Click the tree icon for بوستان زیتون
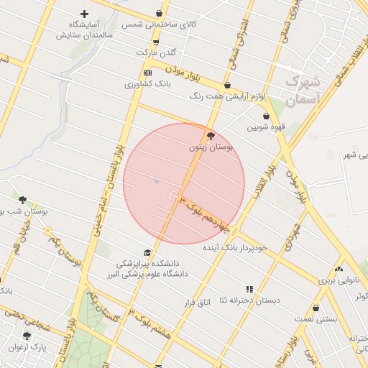pyautogui.click(x=210, y=135)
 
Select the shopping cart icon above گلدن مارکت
pyautogui.click(x=155, y=42)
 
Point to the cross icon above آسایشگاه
pyautogui.click(x=85, y=14)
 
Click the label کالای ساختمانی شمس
pyautogui.click(x=159, y=24)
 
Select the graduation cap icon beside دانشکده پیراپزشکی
pyautogui.click(x=147, y=253)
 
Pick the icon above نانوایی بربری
pyautogui.click(x=338, y=270)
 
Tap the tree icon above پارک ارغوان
pyautogui.click(x=27, y=336)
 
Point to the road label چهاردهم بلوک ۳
pyautogui.click(x=203, y=213)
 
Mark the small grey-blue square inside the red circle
pyautogui.click(x=156, y=182)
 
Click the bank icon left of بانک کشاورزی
pyautogui.click(x=148, y=73)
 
